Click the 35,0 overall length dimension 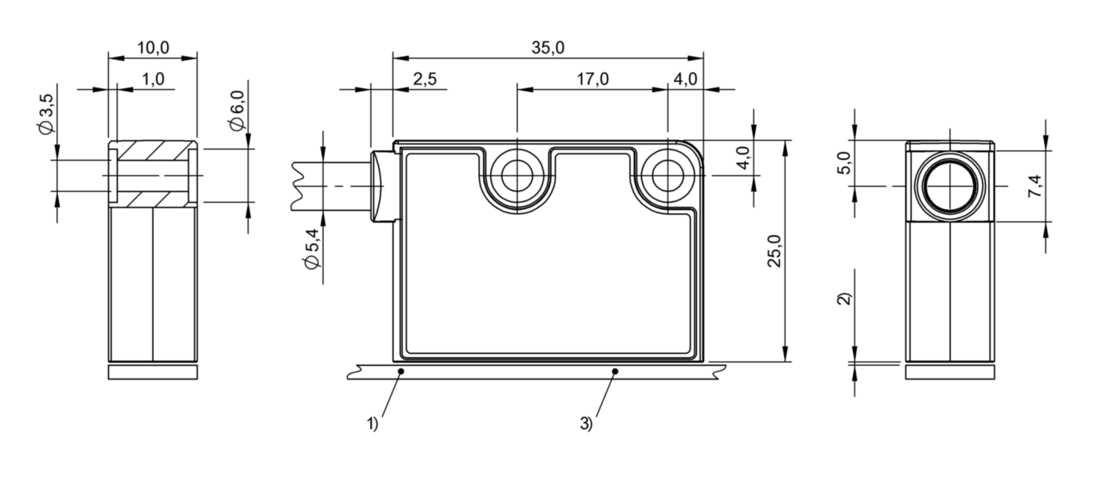[547, 48]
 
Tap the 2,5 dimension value [424, 79]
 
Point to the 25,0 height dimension [774, 251]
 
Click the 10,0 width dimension [153, 48]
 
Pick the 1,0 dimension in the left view [153, 79]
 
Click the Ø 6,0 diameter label [236, 111]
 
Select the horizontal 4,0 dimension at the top [685, 79]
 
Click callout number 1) [372, 424]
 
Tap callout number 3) [586, 424]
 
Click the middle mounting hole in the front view [517, 176]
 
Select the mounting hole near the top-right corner [667, 176]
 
